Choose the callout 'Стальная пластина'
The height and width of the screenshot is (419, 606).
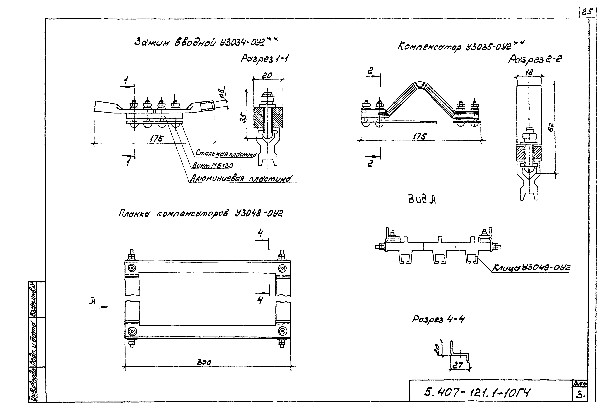[226, 154]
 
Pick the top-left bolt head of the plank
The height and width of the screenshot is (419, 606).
[132, 268]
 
